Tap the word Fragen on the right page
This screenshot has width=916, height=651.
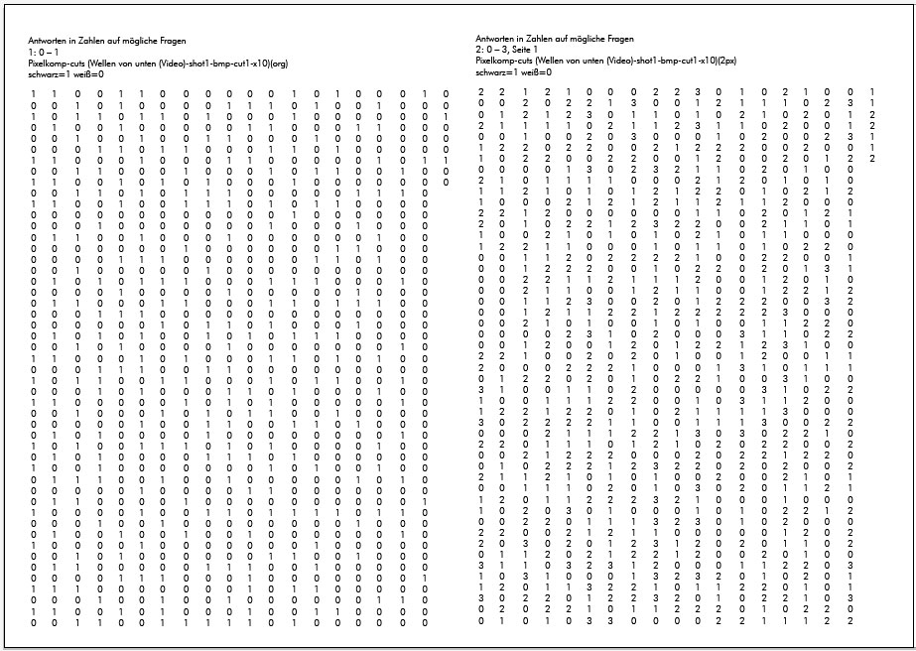pos(616,39)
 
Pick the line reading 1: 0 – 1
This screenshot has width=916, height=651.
pos(44,51)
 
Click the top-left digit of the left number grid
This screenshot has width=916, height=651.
pos(35,94)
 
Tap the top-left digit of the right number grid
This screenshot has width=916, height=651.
pos(481,92)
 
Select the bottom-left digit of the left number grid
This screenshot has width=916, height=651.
pos(35,624)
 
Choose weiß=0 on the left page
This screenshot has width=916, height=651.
pos(90,72)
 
